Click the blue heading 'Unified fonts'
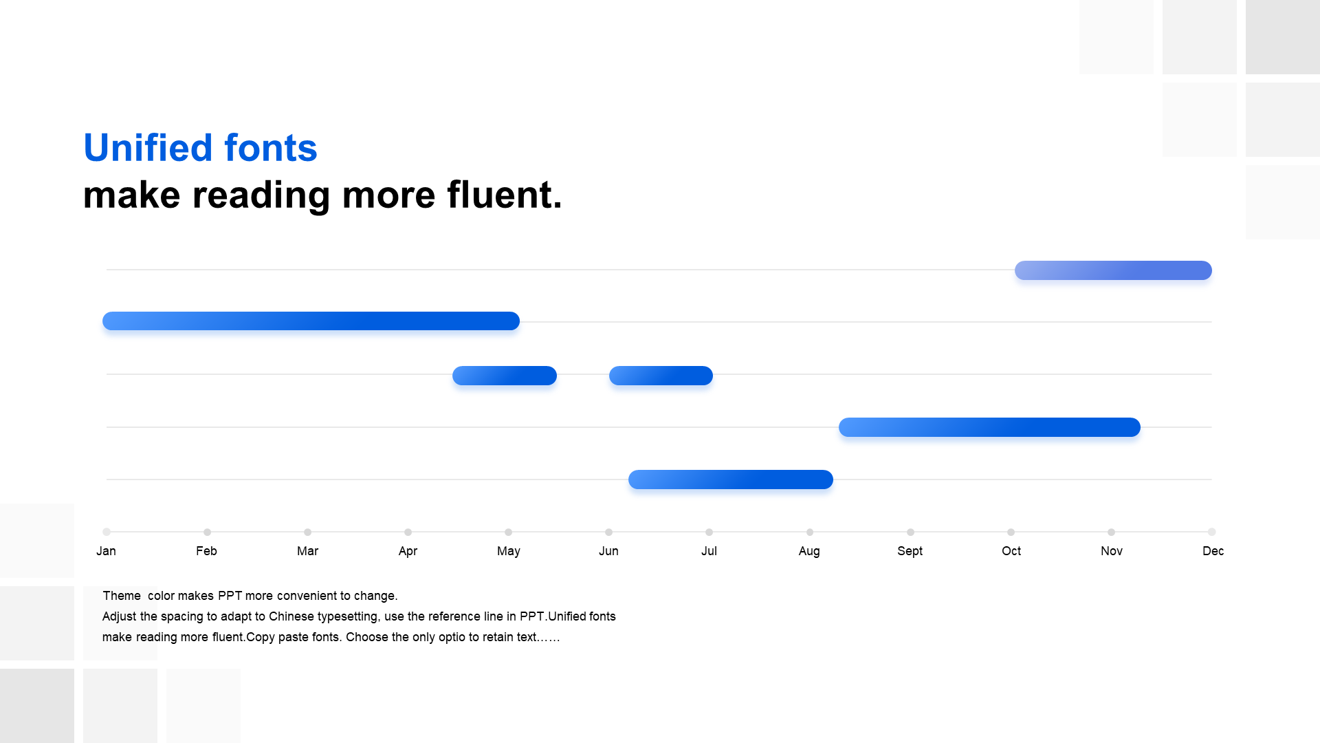pyautogui.click(x=200, y=147)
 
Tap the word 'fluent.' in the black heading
pyautogui.click(x=505, y=194)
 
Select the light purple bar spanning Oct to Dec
pyautogui.click(x=1113, y=270)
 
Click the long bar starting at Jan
pyautogui.click(x=311, y=321)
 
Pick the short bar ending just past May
pyautogui.click(x=505, y=376)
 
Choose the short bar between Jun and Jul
pyautogui.click(x=661, y=376)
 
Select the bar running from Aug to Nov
pyautogui.click(x=989, y=427)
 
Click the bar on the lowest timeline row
pyautogui.click(x=731, y=480)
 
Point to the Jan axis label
pyautogui.click(x=106, y=551)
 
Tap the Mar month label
pyautogui.click(x=307, y=551)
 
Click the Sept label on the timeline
pyautogui.click(x=910, y=551)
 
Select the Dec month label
pyautogui.click(x=1213, y=551)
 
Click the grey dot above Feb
pyautogui.click(x=207, y=532)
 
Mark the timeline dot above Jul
pyautogui.click(x=709, y=532)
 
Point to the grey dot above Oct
pyautogui.click(x=1011, y=532)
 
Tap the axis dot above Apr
pyautogui.click(x=408, y=532)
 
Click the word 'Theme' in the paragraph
pyautogui.click(x=122, y=596)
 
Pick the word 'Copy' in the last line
pyautogui.click(x=261, y=637)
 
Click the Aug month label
pyautogui.click(x=809, y=551)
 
